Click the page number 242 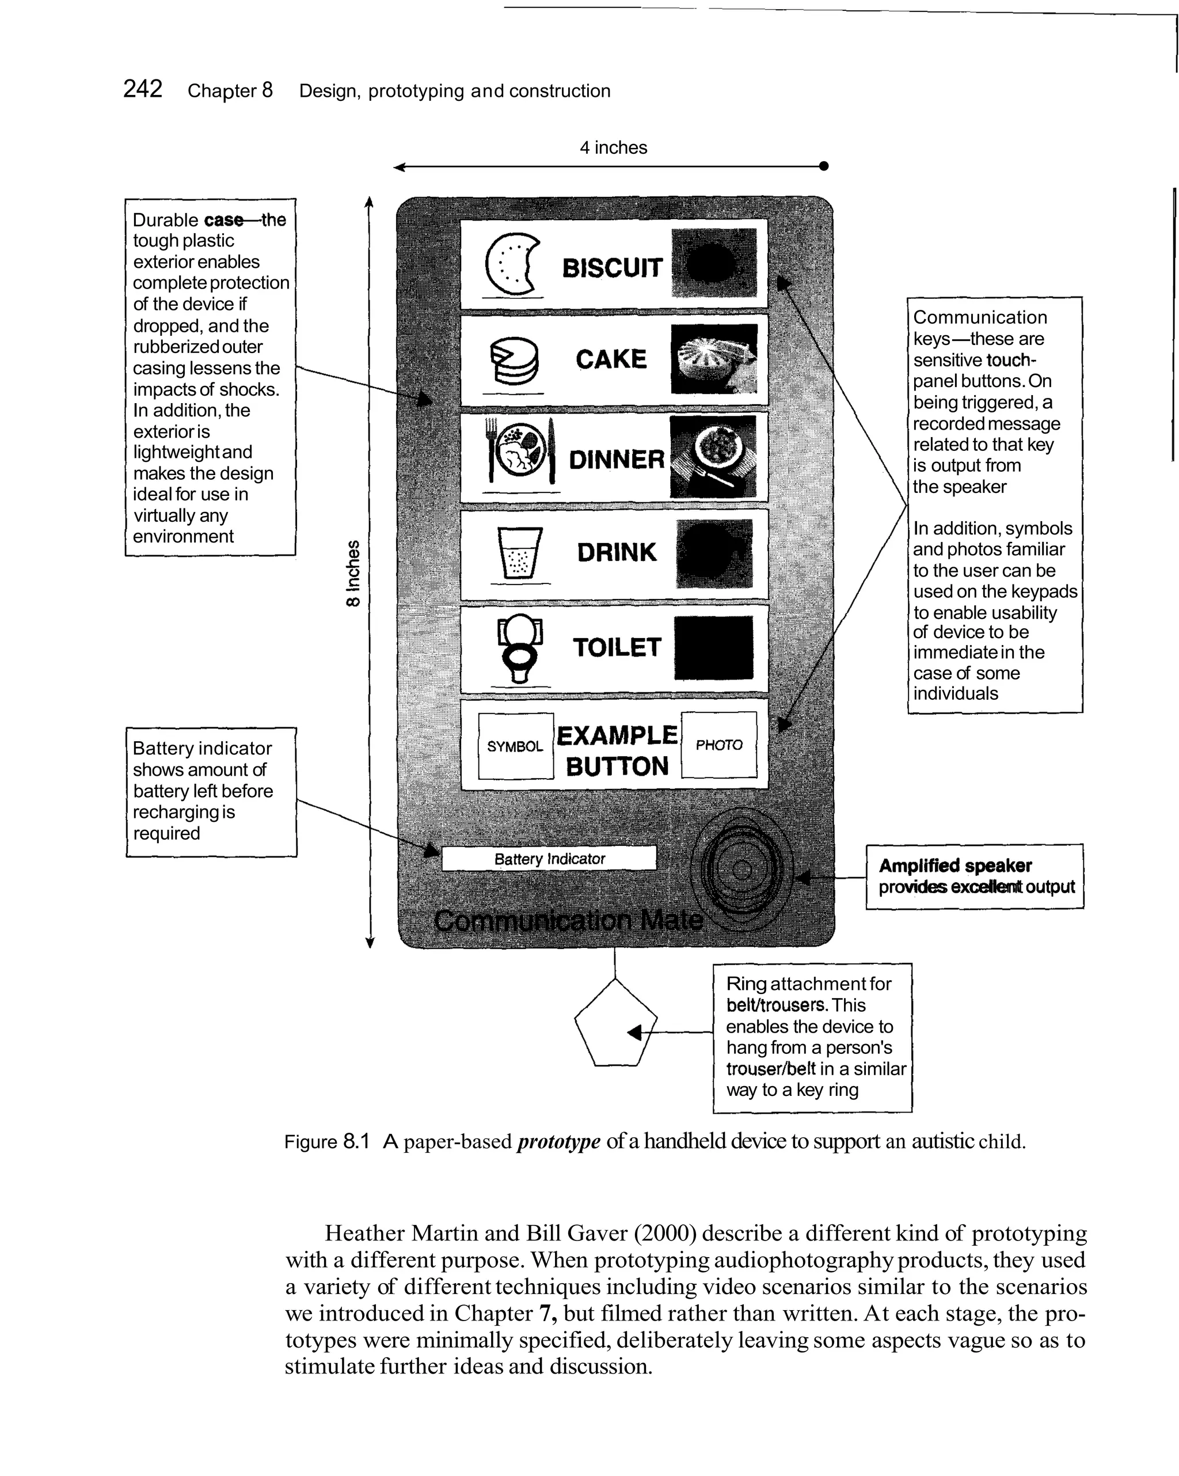click(142, 89)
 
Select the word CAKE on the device click(610, 359)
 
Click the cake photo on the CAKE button click(714, 359)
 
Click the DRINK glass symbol click(519, 552)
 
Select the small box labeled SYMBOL click(515, 746)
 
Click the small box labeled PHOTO click(718, 744)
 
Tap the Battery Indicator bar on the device click(549, 859)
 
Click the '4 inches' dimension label click(613, 147)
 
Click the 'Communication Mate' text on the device click(568, 920)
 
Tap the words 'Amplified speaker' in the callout click(954, 866)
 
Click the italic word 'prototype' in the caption click(558, 1141)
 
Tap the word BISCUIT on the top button click(612, 268)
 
